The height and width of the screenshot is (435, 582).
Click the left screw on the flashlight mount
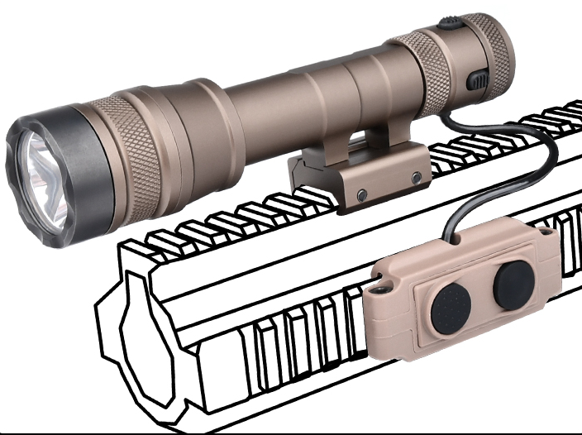click(361, 194)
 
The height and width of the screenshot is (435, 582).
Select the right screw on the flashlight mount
click(417, 178)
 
